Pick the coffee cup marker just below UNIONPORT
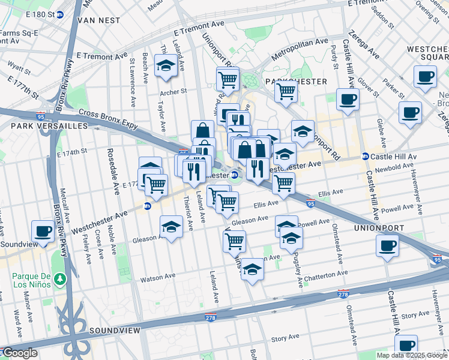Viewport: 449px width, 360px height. pos(388,246)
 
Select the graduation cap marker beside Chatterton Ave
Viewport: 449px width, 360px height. pos(253,270)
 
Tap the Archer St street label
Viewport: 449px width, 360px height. pos(173,92)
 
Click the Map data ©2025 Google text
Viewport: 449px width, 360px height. pos(411,355)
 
